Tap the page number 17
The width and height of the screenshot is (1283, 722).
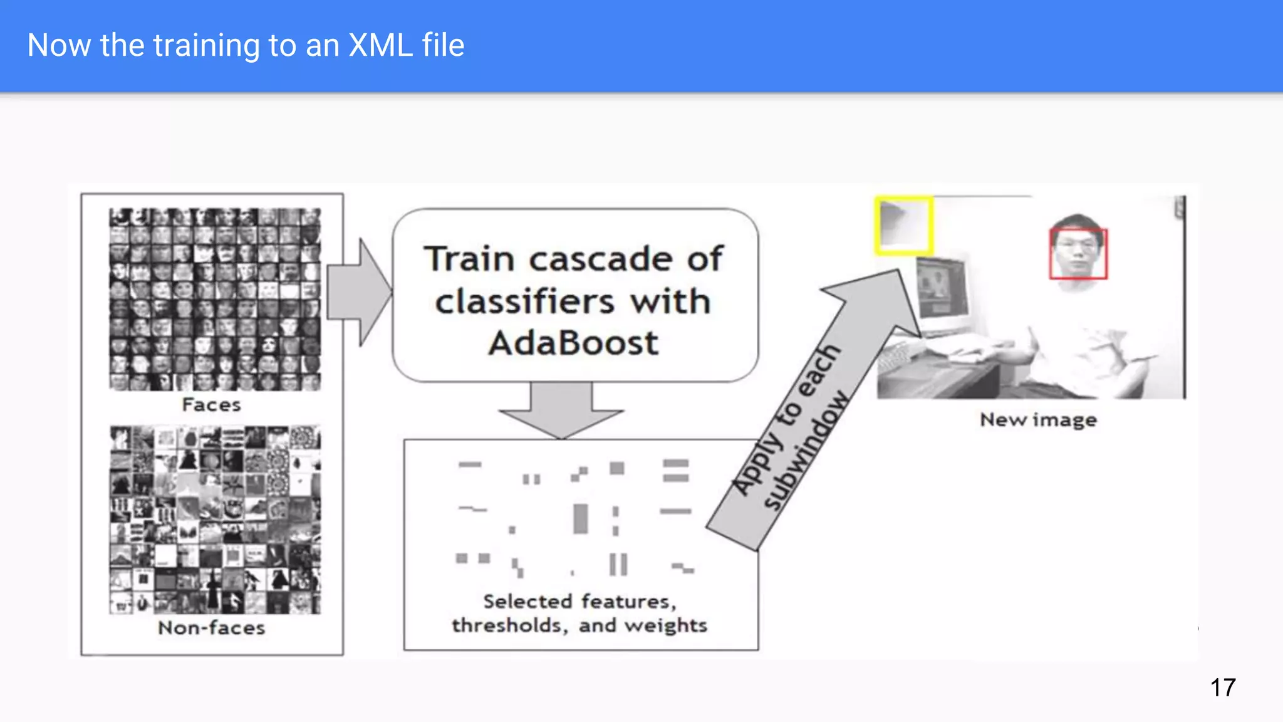point(1222,688)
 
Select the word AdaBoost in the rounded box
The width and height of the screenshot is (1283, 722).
point(573,343)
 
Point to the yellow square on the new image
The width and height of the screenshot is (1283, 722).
point(903,226)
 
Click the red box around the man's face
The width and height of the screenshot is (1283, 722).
point(1078,254)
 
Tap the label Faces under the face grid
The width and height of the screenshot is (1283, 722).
point(211,405)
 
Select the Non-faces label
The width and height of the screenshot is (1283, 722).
point(211,627)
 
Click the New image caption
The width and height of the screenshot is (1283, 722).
point(1038,419)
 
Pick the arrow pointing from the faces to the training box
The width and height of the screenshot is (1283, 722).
point(359,292)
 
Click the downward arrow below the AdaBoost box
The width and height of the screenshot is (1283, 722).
point(561,410)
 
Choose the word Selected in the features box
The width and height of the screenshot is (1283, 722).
point(527,602)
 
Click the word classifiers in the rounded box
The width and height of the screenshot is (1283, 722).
point(524,301)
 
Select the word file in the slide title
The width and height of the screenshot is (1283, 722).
point(443,45)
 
